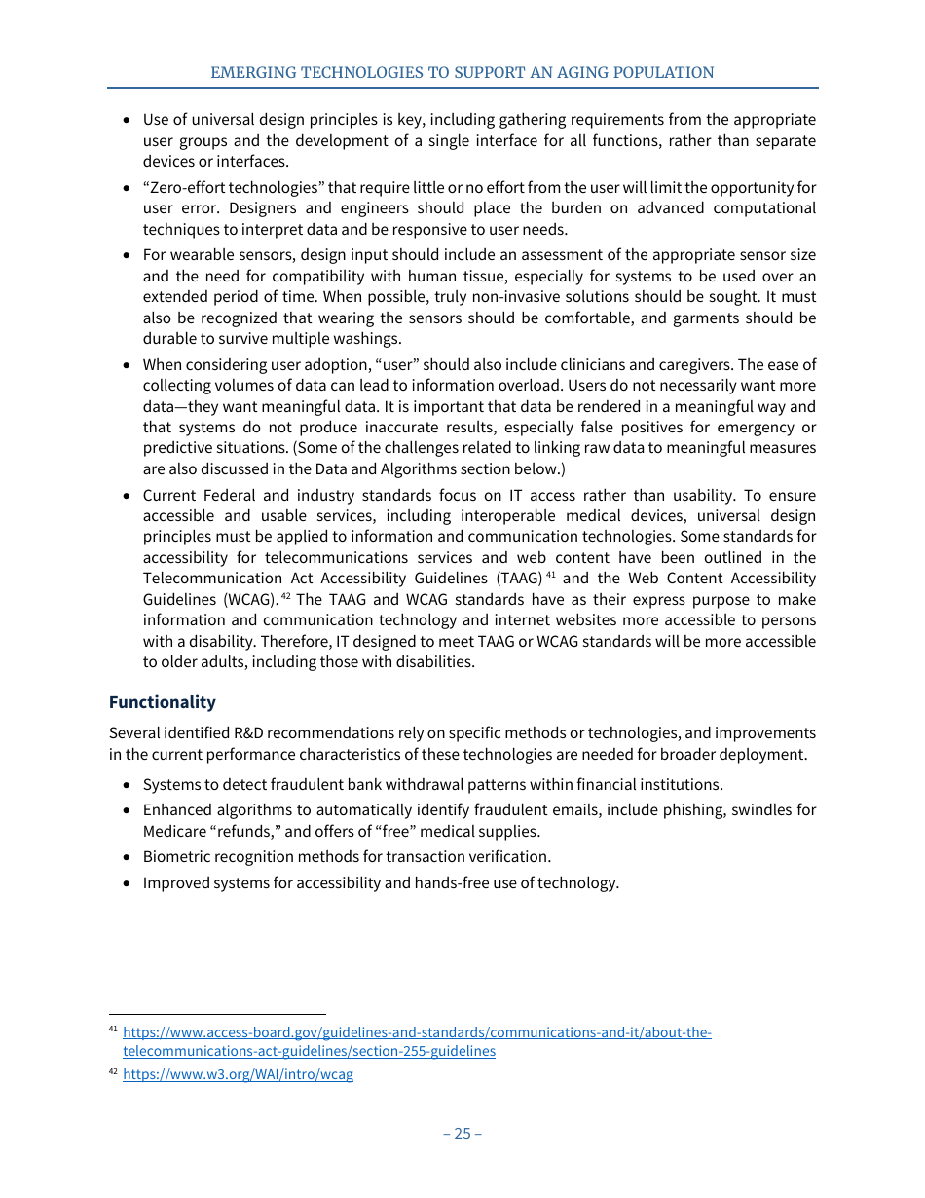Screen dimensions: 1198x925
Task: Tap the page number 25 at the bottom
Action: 462,1133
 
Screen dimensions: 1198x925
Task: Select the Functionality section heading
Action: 162,702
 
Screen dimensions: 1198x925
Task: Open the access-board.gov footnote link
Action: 417,1032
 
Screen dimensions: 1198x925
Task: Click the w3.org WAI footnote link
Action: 238,1075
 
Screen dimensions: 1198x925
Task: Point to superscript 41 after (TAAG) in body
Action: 550,575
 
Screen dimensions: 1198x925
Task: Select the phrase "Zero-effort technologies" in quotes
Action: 235,187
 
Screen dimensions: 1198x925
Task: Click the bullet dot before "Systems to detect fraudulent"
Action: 128,785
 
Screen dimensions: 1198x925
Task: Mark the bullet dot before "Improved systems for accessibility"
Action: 128,883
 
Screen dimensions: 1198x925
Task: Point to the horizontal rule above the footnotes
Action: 217,1013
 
